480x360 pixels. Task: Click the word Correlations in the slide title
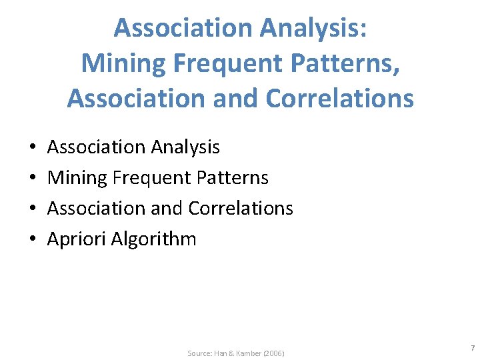click(x=339, y=98)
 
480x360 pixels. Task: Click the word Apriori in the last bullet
click(x=74, y=239)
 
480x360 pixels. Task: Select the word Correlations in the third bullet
click(x=241, y=208)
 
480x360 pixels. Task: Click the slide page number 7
click(x=472, y=348)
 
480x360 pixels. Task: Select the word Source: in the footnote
click(x=199, y=353)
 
